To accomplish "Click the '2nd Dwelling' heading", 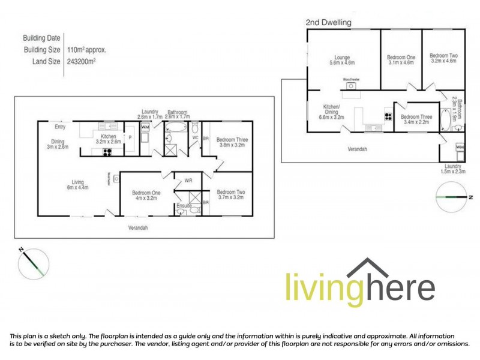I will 328,22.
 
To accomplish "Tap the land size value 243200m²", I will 82,61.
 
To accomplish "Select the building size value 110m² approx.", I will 87,50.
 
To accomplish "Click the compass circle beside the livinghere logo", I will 34,262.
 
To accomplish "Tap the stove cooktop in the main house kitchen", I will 108,152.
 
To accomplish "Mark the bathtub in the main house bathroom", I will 176,127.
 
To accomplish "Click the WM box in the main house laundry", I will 145,127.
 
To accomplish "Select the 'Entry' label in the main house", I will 60,127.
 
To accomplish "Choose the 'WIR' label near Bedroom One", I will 188,180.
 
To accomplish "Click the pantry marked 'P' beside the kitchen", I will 130,137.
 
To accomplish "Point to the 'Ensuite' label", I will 184,206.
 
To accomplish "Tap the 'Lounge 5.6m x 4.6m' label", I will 342,59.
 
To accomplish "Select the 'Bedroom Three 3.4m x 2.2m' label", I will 416,119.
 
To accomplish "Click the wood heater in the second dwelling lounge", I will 350,86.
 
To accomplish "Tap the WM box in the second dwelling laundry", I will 460,146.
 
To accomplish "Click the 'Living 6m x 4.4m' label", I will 77,185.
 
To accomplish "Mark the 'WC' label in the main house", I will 195,137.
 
